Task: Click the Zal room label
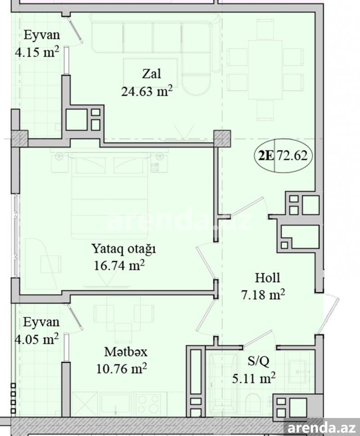(x=152, y=74)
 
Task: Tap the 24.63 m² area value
(x=147, y=91)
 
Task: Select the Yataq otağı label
(x=124, y=248)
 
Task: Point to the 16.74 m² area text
(x=119, y=265)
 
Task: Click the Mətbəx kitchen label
(x=126, y=352)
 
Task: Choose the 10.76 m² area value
(x=121, y=369)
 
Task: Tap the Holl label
(x=267, y=278)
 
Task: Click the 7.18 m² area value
(x=263, y=294)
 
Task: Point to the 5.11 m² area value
(x=254, y=378)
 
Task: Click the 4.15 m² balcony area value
(x=37, y=52)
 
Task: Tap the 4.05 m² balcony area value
(x=36, y=339)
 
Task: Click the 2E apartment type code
(x=266, y=156)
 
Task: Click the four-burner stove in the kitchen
(x=147, y=404)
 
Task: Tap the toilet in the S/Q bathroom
(x=253, y=405)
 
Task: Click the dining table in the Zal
(x=265, y=70)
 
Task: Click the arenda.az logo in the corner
(x=322, y=427)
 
